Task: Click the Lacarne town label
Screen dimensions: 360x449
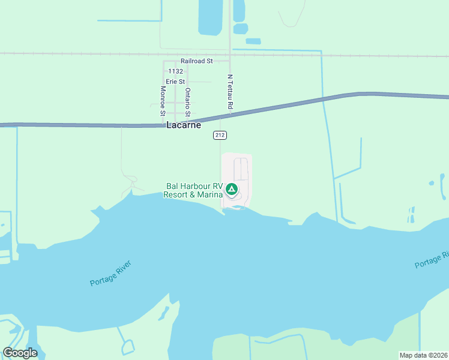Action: tap(183, 125)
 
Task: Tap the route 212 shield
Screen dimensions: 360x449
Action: tap(220, 136)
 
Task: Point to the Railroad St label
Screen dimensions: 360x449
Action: tap(197, 61)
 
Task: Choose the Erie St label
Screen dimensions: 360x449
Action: tap(176, 81)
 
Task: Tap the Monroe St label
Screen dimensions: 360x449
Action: tap(163, 100)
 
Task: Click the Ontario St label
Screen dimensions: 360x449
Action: tap(188, 101)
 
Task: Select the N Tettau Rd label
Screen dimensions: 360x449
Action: tap(230, 92)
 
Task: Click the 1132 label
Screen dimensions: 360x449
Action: tap(175, 71)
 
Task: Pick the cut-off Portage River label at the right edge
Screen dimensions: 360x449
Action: tap(432, 260)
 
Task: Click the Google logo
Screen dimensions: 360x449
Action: tap(20, 353)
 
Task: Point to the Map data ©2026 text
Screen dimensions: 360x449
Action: tap(423, 355)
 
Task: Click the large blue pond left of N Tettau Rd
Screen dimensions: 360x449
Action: tap(211, 17)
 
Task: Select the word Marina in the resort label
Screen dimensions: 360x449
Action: tap(211, 194)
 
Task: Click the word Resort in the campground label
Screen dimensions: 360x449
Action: tap(178, 194)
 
